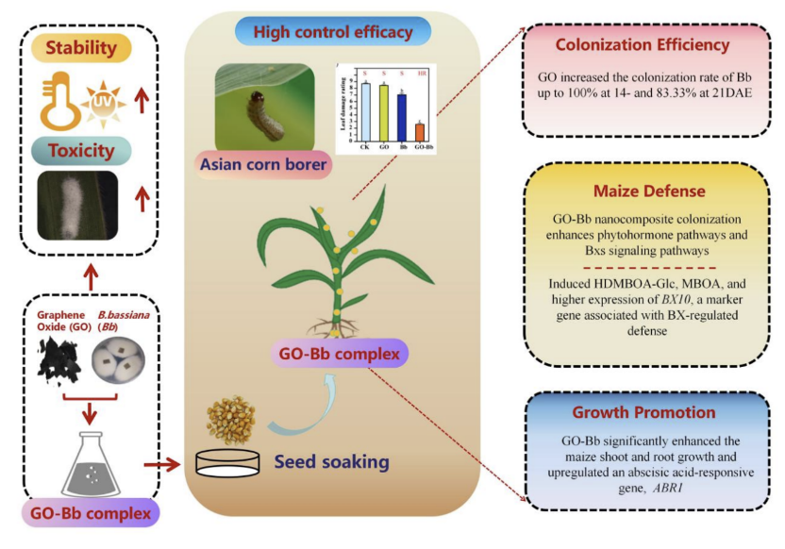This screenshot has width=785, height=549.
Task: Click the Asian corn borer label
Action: pos(264,166)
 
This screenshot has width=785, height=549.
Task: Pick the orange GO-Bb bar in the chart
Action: pos(420,131)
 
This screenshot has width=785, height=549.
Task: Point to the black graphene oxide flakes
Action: pos(58,363)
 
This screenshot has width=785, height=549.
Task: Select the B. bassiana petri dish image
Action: pos(121,362)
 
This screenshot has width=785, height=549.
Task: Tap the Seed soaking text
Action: pos(331,462)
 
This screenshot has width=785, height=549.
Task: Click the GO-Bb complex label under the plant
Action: pos(338,356)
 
